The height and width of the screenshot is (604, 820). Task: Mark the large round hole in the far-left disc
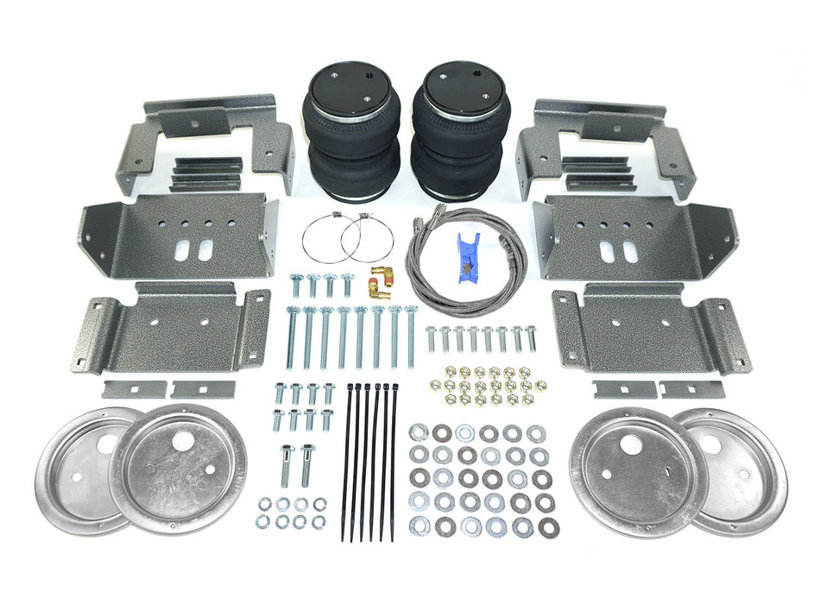(109, 445)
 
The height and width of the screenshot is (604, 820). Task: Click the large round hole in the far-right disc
(710, 444)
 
